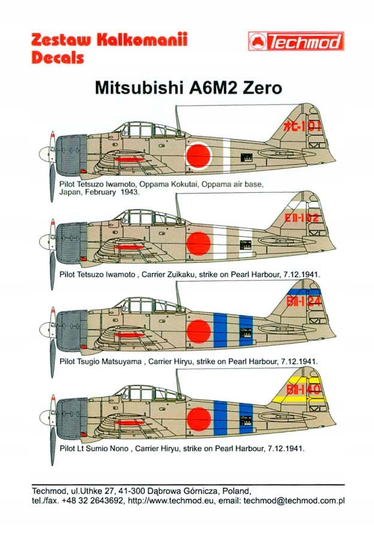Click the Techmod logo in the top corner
[295, 41]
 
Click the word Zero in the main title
[255, 87]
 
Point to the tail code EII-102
[303, 218]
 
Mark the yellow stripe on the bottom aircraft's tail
[306, 399]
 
